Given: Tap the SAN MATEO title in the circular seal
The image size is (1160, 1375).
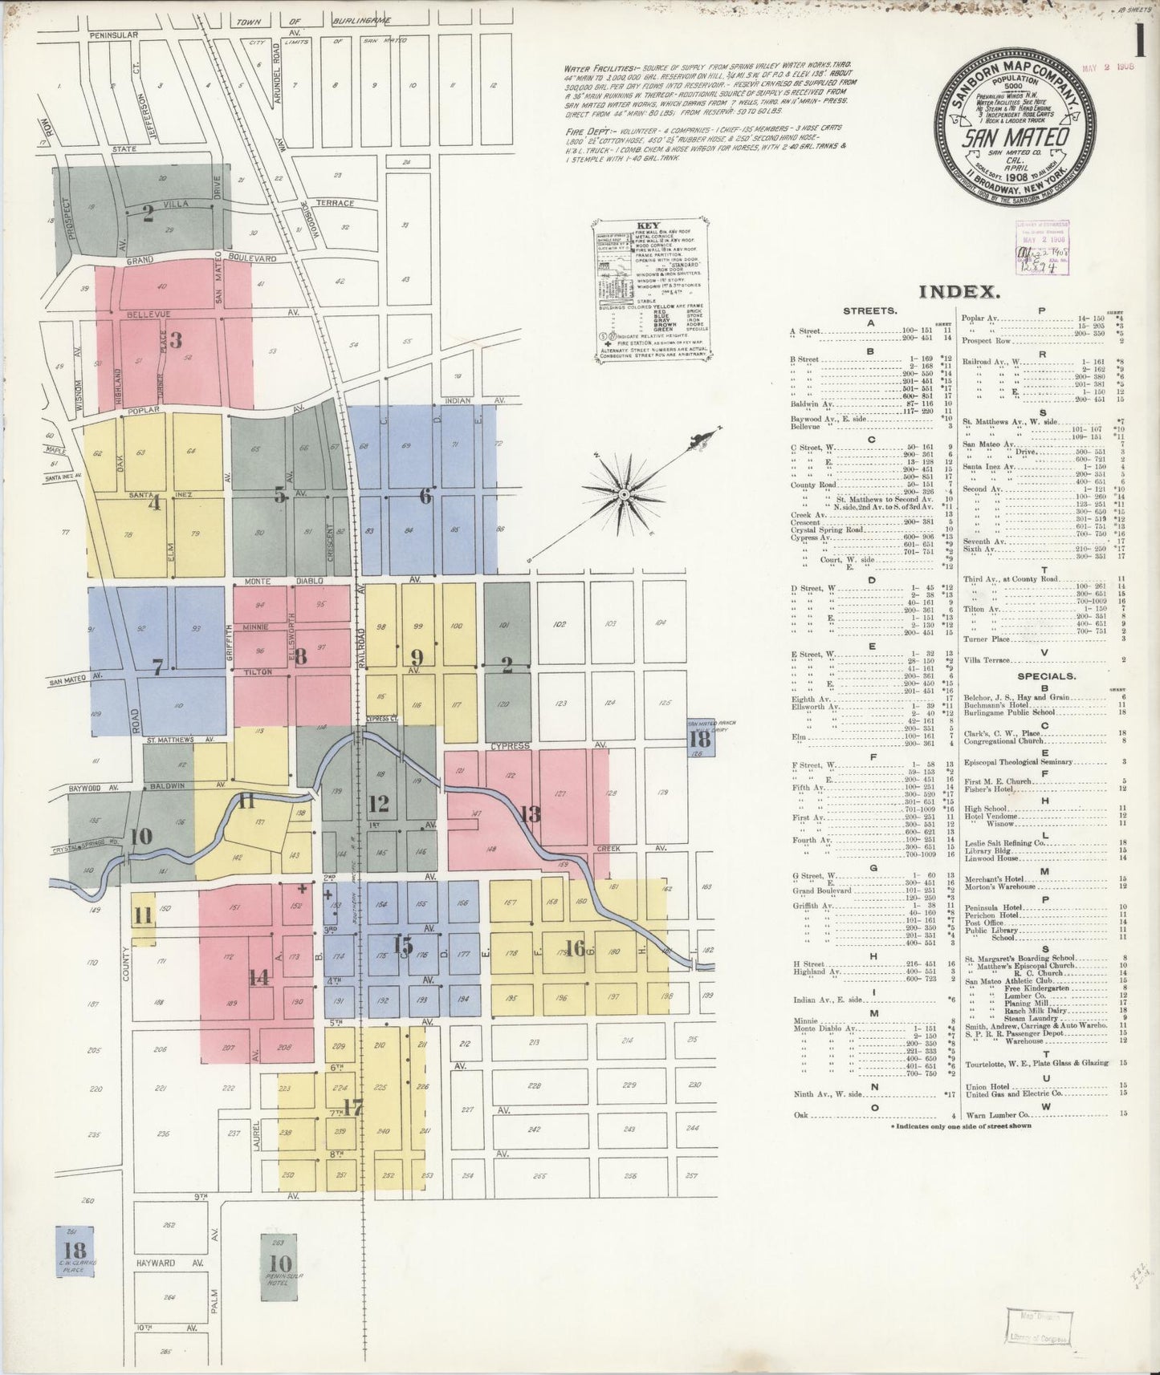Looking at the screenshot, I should (1007, 137).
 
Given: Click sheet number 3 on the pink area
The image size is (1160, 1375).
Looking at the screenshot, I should (175, 339).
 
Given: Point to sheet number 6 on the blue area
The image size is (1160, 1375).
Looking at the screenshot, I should (425, 497).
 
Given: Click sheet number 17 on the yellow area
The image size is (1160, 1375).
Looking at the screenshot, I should (352, 1108).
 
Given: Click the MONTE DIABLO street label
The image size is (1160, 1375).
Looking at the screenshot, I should (291, 580).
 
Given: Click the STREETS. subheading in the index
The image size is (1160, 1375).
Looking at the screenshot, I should (870, 310).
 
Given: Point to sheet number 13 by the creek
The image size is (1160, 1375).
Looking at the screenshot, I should (529, 814).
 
